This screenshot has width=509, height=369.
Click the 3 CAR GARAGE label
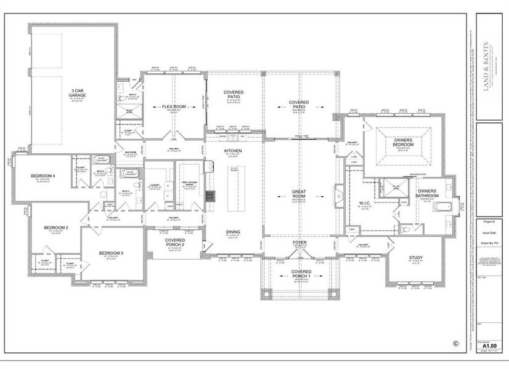click(77, 93)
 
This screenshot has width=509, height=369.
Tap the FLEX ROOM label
click(174, 106)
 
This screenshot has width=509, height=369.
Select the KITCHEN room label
click(233, 150)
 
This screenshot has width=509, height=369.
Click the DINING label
click(233, 232)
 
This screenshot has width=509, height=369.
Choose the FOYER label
click(299, 243)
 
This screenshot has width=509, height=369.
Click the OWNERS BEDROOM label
click(399, 142)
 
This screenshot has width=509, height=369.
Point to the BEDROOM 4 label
click(43, 177)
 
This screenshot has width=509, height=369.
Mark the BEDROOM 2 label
click(55, 228)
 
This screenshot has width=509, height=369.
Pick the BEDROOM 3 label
click(111, 253)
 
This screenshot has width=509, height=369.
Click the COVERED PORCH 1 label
click(301, 274)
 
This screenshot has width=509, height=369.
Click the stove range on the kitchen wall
click(210, 196)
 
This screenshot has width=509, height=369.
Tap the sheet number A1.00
click(489, 346)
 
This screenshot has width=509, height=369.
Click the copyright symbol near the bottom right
click(456, 344)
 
